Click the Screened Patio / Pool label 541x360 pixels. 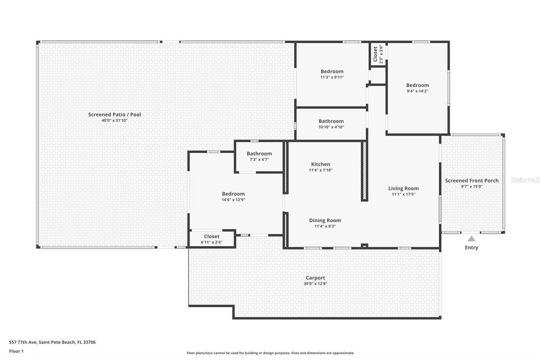[x=115, y=115]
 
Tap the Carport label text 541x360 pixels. [x=315, y=278]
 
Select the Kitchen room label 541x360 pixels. [x=320, y=164]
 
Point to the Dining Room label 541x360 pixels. [x=325, y=220]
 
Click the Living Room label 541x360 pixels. [x=403, y=188]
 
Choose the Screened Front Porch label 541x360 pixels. [x=471, y=181]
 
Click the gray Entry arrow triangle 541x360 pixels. [x=471, y=239]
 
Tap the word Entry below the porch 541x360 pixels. [x=471, y=248]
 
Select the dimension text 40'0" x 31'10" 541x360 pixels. [x=115, y=121]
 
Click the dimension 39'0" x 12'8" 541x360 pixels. [x=315, y=284]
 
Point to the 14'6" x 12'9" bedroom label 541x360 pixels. [x=233, y=194]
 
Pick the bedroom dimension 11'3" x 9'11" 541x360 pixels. [x=332, y=77]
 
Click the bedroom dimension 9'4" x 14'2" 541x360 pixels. [x=417, y=91]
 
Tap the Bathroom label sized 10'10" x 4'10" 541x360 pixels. [x=331, y=121]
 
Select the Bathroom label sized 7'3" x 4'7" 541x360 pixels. [x=259, y=154]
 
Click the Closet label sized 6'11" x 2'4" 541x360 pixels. [x=211, y=236]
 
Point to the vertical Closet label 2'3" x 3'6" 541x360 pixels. [x=376, y=54]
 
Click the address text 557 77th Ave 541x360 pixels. [x=52, y=342]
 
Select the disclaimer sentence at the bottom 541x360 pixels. [x=270, y=353]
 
